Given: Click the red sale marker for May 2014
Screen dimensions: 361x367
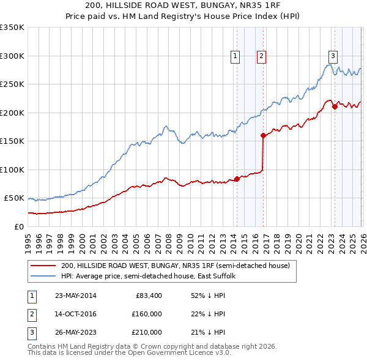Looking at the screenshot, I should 237,179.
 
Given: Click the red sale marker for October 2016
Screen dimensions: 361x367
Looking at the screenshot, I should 263,135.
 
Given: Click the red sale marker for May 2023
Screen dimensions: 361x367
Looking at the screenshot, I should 335,107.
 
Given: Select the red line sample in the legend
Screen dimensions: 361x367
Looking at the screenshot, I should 44,266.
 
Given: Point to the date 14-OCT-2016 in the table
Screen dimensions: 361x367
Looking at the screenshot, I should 76,314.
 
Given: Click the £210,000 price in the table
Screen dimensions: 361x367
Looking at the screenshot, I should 146,332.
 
